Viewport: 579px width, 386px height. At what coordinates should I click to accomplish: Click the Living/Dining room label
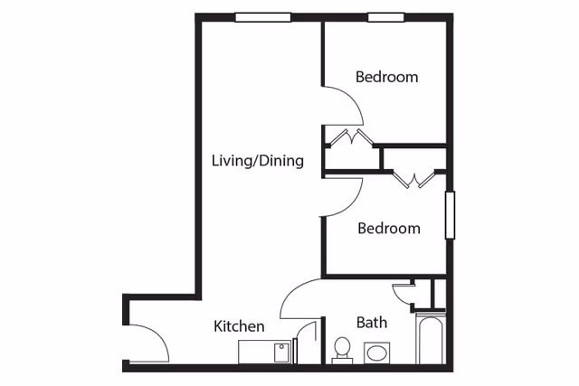258,161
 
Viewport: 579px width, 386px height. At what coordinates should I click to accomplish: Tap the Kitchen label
239,326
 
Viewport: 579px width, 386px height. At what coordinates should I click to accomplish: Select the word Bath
372,323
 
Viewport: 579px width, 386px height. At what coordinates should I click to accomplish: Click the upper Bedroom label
386,77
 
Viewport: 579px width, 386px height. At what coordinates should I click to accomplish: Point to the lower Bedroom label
389,228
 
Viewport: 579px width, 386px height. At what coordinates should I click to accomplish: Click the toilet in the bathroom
342,350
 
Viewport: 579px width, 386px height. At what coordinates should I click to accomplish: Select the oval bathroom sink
376,353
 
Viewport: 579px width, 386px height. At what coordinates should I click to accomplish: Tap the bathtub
431,339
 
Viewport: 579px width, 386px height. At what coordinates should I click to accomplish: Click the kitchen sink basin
282,353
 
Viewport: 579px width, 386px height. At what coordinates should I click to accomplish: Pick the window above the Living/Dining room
263,17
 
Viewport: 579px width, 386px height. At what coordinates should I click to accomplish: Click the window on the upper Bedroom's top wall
386,17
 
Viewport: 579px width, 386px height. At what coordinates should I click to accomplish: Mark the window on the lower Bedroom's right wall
450,215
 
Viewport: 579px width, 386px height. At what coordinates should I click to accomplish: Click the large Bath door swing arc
291,291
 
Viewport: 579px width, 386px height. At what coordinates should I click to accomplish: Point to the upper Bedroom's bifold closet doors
351,137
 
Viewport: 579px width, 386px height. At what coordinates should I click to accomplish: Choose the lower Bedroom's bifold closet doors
413,180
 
